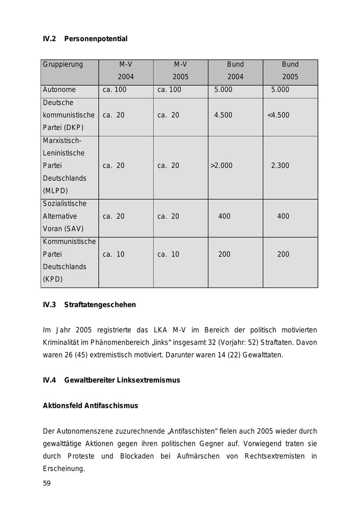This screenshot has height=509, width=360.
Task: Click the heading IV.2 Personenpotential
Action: pyautogui.click(x=85, y=39)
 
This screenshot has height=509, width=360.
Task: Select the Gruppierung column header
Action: pyautogui.click(x=63, y=64)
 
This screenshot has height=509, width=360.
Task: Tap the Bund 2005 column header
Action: pyautogui.click(x=290, y=70)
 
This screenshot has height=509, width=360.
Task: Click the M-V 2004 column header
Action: pyautogui.click(x=126, y=70)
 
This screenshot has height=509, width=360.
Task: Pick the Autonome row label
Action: pyautogui.click(x=59, y=90)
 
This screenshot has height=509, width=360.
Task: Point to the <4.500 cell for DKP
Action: pyautogui.click(x=278, y=115)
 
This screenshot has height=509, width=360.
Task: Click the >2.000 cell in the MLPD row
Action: pyautogui.click(x=221, y=166)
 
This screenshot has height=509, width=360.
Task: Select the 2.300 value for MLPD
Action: pyautogui.click(x=280, y=166)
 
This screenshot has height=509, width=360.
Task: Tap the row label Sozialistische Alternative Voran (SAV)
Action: pyautogui.click(x=64, y=216)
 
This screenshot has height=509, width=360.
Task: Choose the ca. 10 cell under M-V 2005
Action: pyautogui.click(x=168, y=254)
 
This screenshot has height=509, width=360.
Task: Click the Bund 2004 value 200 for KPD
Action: pyautogui.click(x=224, y=254)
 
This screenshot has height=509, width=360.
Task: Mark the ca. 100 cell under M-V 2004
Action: pyautogui.click(x=114, y=90)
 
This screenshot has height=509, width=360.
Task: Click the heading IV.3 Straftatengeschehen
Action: pyautogui.click(x=89, y=305)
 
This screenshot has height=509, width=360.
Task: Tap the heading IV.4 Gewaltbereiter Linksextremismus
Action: pyautogui.click(x=112, y=380)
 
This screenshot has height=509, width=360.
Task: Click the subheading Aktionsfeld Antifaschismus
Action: pyautogui.click(x=90, y=405)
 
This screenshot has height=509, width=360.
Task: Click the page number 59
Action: pyautogui.click(x=47, y=483)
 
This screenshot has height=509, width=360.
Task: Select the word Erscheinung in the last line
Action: pyautogui.click(x=64, y=469)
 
